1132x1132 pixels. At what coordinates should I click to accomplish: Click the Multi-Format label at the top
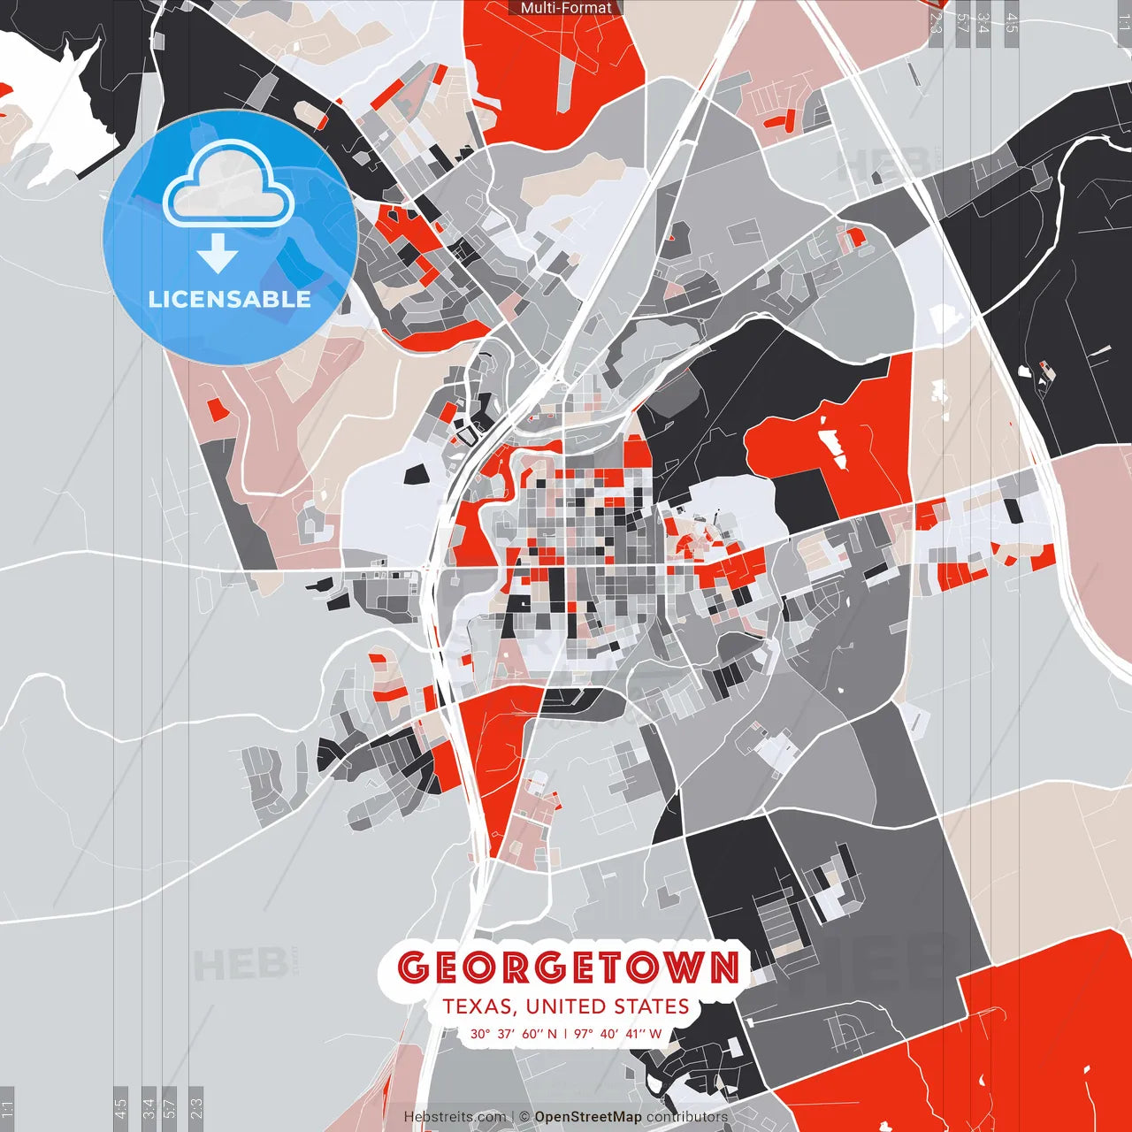566,8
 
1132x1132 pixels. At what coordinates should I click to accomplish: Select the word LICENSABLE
229,299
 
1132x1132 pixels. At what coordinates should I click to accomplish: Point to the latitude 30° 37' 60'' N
514,1034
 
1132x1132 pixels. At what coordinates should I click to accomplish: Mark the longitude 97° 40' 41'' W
617,1034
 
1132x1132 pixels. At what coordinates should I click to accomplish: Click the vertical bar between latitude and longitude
566,1034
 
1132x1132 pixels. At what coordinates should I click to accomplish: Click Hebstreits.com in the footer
455,1117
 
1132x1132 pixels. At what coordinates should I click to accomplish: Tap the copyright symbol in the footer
524,1117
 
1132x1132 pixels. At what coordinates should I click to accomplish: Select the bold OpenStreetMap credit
588,1117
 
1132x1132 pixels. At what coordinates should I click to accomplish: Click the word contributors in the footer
687,1117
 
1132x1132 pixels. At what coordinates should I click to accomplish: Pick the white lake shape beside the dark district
53,106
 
